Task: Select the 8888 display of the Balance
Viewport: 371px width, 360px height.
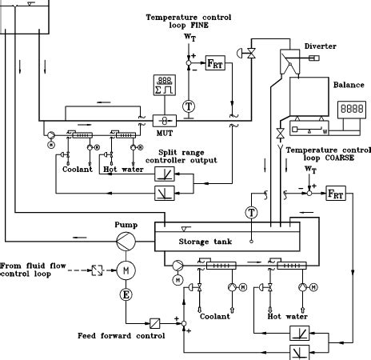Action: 350,106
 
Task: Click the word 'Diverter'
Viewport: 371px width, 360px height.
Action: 320,46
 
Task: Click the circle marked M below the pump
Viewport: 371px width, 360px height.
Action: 126,270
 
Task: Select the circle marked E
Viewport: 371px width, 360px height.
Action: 126,295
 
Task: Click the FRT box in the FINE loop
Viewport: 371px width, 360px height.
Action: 216,63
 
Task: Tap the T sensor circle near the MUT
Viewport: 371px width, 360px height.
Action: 189,105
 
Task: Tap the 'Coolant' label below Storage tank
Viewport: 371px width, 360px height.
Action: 215,316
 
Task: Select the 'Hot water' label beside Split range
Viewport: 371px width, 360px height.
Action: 121,169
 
